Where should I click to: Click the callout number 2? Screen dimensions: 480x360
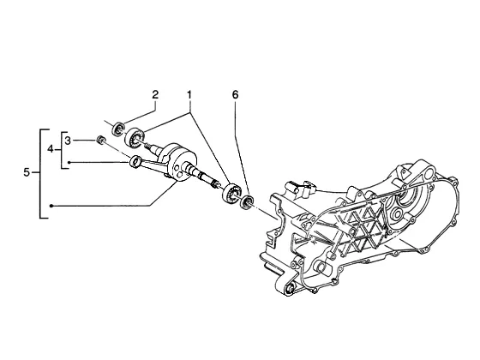pos(155,94)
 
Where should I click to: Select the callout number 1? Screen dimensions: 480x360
pos(189,94)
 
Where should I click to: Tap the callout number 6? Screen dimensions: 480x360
pos(235,95)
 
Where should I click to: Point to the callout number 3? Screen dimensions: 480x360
pos(68,141)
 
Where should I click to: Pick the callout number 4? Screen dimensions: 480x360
pos(51,149)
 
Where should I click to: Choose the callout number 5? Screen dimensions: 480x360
pos(27,172)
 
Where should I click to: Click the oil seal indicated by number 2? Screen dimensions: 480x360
pos(119,129)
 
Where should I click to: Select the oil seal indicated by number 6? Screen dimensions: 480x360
pos(247,202)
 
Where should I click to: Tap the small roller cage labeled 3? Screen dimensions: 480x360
pos(99,139)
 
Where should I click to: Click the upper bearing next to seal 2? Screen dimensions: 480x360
pos(134,137)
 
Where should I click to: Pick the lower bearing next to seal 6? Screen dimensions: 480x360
pos(231,193)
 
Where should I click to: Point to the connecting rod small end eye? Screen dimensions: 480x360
pos(135,162)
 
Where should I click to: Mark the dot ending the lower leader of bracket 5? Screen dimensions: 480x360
pos(51,206)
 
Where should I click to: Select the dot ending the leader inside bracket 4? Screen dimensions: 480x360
pos(69,163)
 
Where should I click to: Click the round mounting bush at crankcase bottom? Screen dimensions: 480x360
pos(290,289)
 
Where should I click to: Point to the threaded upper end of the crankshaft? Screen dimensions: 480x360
pos(148,146)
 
